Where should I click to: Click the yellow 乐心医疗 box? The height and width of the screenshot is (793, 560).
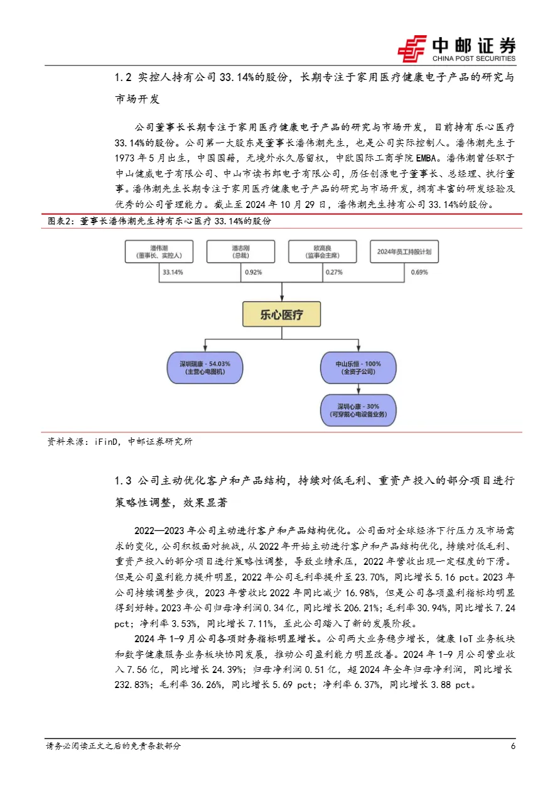pos(282,314)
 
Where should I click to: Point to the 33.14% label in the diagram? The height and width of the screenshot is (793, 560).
pos(173,273)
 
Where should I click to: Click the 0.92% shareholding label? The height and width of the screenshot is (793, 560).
pos(254,273)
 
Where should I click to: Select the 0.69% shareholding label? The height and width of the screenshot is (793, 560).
pos(419,273)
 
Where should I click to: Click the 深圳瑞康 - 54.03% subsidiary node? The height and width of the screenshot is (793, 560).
pos(204,368)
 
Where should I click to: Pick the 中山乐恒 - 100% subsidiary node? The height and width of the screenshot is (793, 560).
pos(358,368)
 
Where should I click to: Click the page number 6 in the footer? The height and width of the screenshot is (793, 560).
pos(513,747)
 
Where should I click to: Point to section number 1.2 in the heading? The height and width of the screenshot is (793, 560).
pos(123,78)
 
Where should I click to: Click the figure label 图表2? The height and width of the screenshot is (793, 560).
pos(62,222)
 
